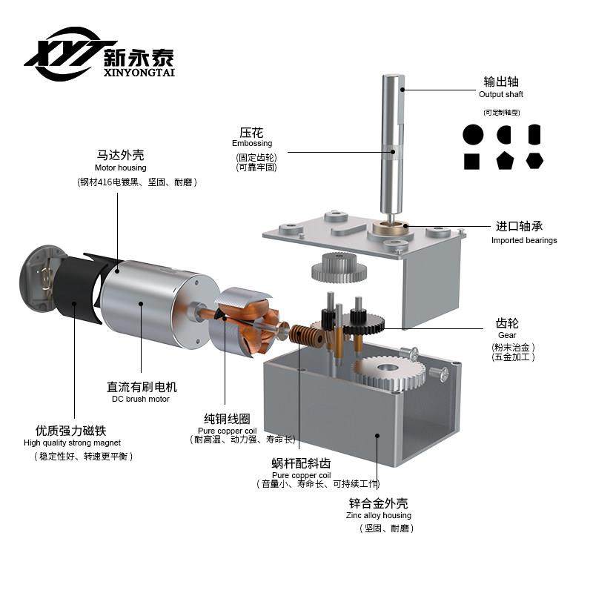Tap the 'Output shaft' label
click(501, 94)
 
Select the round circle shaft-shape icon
click(472, 134)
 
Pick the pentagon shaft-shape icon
click(505, 161)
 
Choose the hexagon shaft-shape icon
click(534, 160)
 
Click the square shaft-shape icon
click(471, 161)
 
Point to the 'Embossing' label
click(252, 143)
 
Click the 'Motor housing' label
click(121, 168)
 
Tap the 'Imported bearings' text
click(524, 240)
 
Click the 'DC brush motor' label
click(141, 399)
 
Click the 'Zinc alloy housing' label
click(378, 515)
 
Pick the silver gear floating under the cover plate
click(338, 267)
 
